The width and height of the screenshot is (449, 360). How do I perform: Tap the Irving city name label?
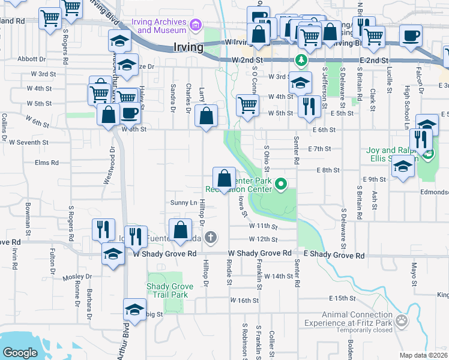coord(188,47)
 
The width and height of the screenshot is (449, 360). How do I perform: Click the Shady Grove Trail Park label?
coord(170,290)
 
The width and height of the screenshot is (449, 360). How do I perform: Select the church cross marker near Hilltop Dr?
coord(210,238)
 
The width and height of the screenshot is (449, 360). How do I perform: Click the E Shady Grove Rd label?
coord(334,255)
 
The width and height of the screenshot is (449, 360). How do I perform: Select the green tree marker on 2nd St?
coord(300,61)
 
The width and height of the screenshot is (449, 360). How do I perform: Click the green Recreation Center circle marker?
coord(279,184)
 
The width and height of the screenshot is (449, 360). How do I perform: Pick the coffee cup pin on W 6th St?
coord(130,113)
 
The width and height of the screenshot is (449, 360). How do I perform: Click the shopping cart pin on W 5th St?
coord(247,105)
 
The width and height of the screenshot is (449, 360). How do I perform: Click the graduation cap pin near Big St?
coord(134,310)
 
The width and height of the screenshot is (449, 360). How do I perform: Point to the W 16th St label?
coord(243,300)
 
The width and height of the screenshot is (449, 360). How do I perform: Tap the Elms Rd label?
coord(47,163)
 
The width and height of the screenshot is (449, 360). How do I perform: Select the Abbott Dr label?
coord(32,59)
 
